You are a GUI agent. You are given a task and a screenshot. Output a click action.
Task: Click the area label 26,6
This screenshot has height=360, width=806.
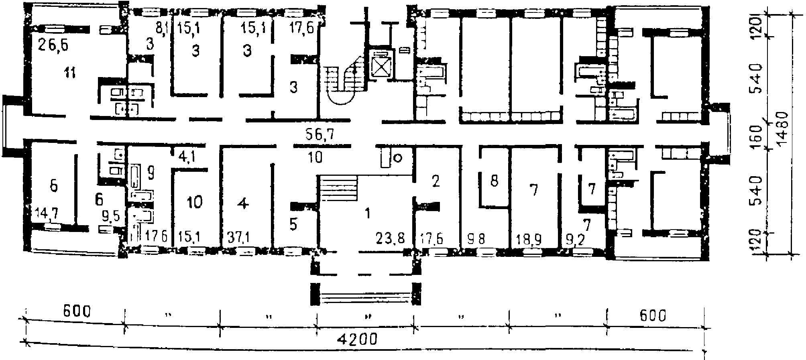click(53, 45)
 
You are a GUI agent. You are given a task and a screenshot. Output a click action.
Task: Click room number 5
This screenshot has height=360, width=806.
click(293, 225)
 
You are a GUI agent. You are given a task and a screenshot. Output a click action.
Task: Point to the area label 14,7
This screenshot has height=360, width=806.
click(47, 213)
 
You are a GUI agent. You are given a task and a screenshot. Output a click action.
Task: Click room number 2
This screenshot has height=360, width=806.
click(436, 181)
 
